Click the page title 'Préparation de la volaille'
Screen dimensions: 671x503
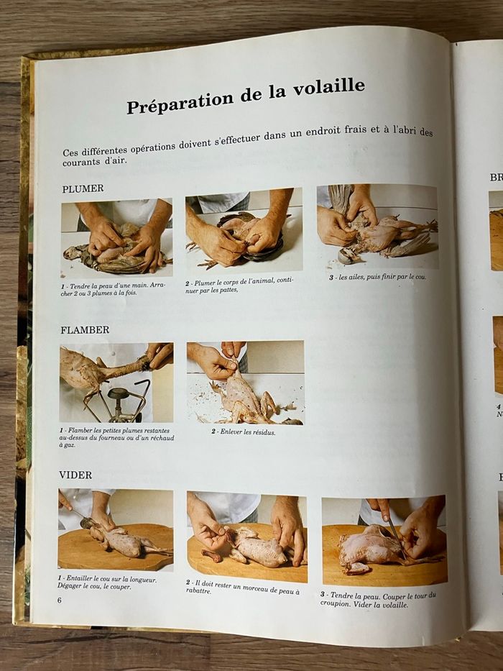point(246,96)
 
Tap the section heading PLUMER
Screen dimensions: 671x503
point(83,188)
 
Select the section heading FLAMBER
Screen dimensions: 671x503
point(85,330)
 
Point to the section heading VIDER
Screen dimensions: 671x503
point(75,475)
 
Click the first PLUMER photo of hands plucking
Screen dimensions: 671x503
point(116,237)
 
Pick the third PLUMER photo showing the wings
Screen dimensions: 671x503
point(377,227)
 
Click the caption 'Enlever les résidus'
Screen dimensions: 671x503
point(243,432)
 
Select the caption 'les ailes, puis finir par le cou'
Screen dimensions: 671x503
point(378,277)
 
